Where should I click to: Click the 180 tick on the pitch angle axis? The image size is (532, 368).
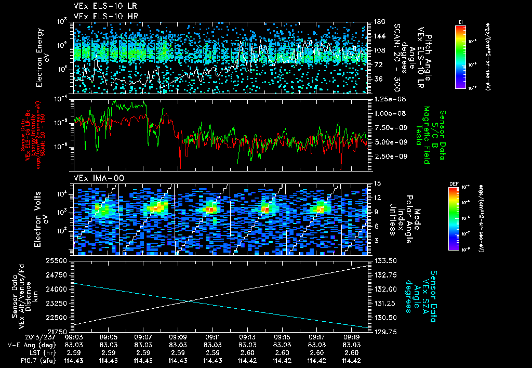(378, 22)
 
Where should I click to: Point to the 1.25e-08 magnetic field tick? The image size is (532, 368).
(390, 99)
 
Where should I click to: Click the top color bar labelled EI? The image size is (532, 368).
(460, 56)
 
